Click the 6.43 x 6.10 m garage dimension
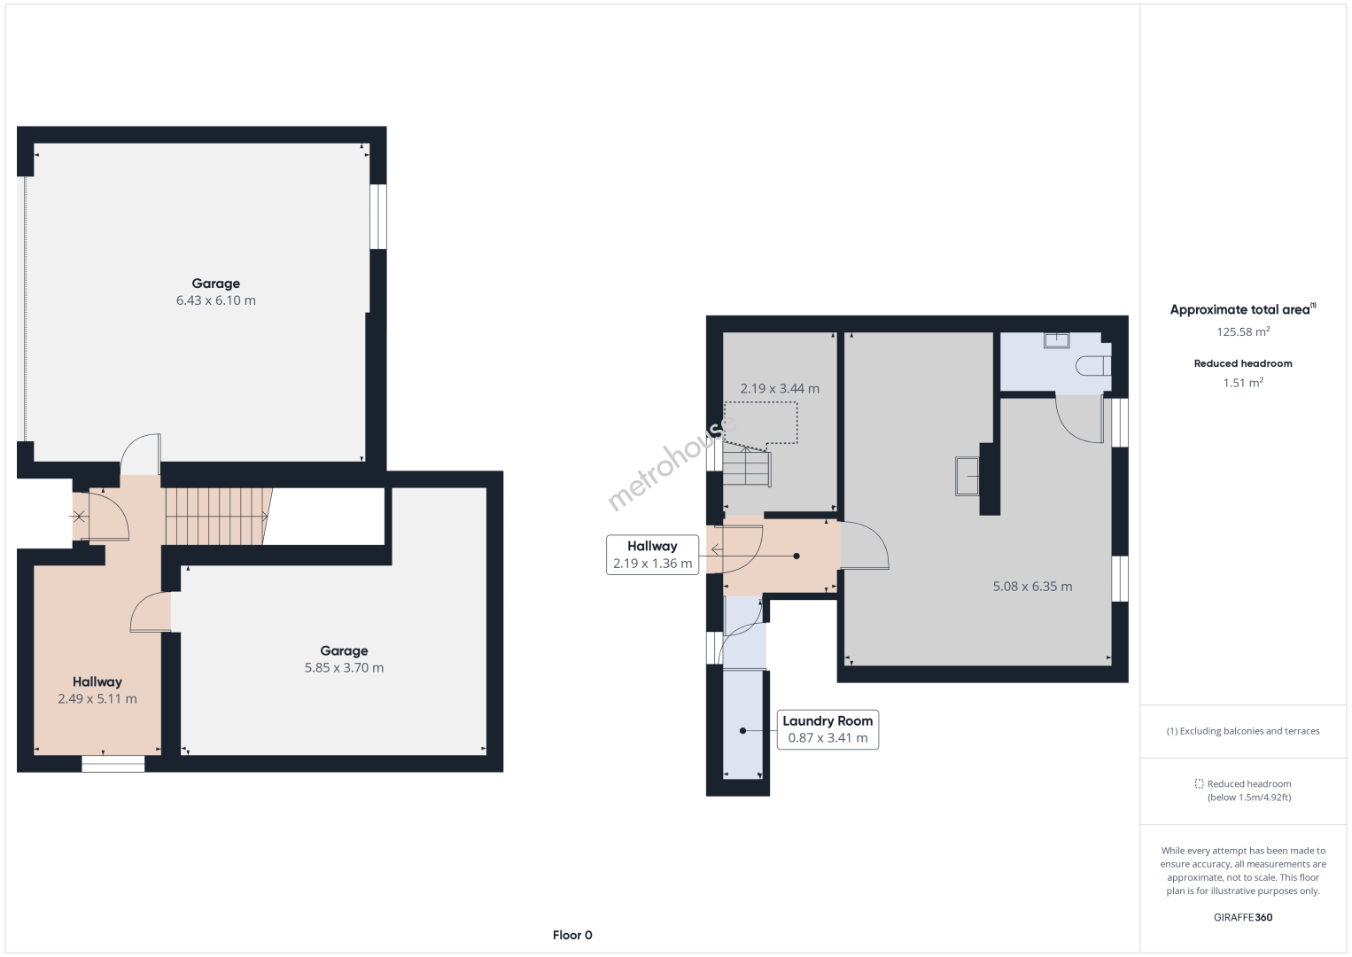pos(215,300)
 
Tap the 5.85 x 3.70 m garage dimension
pos(344,667)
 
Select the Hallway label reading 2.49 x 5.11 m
pos(97,690)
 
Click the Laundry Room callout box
pos(828,729)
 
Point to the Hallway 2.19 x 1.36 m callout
pos(652,555)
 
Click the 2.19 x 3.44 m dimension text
pos(780,388)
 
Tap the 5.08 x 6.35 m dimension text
pos(1033,586)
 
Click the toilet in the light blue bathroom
pos(1093,366)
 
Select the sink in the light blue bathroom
pos(1057,340)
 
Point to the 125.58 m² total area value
pos(1243,331)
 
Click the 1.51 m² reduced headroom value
pos(1243,383)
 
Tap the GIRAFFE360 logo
pos(1243,917)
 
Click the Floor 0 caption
pos(572,935)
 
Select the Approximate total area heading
pos(1243,309)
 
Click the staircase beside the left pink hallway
pos(219,517)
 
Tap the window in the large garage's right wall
pos(377,216)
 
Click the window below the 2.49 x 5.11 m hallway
pos(113,764)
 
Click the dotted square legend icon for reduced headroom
pos(1199,783)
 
